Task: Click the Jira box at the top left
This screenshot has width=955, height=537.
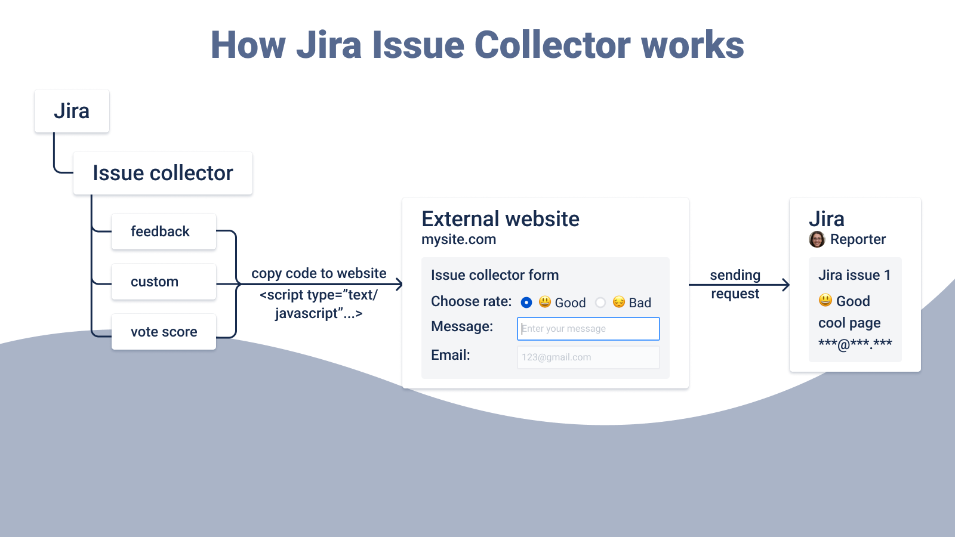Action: pos(72,111)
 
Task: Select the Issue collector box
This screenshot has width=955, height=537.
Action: pos(162,173)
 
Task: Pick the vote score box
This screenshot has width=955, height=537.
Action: pos(164,332)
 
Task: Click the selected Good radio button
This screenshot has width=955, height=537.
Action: pos(526,303)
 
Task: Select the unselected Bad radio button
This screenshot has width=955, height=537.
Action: pos(600,303)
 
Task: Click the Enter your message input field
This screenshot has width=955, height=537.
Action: pos(588,329)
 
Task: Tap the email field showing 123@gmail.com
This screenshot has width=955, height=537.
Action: pos(588,357)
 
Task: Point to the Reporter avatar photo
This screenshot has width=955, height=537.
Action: pos(817,240)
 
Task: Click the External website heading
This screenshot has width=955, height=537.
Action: pos(500,219)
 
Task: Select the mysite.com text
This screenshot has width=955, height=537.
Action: pos(458,240)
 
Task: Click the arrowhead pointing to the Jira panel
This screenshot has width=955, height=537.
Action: pos(786,285)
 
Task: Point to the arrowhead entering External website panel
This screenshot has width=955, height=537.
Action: pos(399,285)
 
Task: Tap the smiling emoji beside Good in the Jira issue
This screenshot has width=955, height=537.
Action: pos(825,300)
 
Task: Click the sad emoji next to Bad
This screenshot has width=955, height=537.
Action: pos(619,302)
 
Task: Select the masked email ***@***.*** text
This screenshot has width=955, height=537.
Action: pos(855,344)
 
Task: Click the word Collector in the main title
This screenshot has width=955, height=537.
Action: pos(552,45)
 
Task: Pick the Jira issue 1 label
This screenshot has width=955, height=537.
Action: pos(854,275)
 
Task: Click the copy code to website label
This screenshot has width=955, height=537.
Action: pos(319,273)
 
